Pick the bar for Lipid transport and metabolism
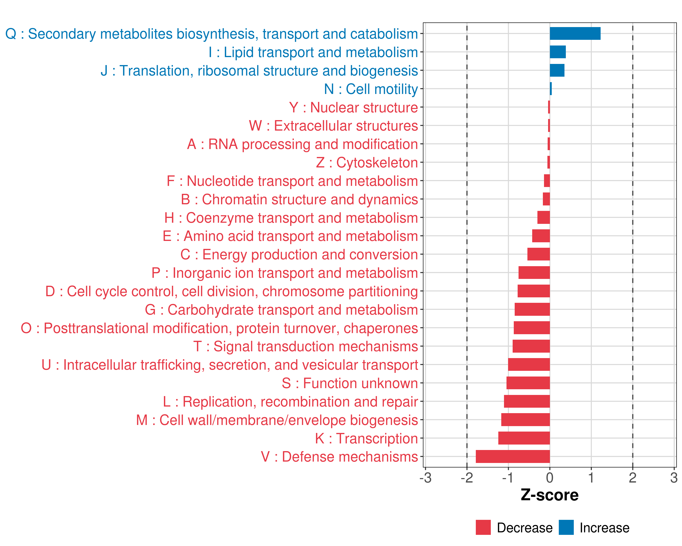coord(558,52)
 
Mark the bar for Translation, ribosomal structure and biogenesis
coord(557,70)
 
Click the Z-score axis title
coord(549,495)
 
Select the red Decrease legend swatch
coord(483,527)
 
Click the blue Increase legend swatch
coord(566,527)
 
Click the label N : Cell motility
coord(371,89)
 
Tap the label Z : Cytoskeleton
coord(367,163)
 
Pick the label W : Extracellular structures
coord(333,126)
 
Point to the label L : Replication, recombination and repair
coord(290,402)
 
